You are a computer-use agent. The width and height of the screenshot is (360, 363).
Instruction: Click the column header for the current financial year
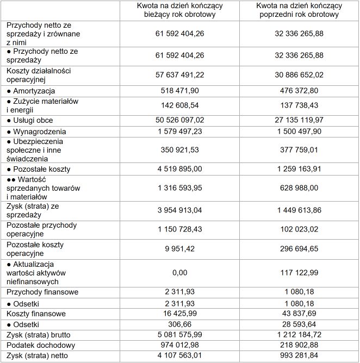click(x=179, y=10)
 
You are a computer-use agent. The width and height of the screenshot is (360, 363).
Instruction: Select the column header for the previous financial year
click(x=300, y=10)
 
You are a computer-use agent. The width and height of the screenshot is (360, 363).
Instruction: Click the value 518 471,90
click(x=179, y=91)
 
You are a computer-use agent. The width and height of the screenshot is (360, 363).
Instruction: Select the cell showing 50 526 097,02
click(x=179, y=120)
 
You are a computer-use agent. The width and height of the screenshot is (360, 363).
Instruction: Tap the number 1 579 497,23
click(x=179, y=132)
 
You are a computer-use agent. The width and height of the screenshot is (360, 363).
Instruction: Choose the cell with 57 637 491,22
click(x=179, y=75)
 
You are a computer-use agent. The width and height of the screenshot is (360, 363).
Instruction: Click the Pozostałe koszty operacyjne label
click(x=35, y=249)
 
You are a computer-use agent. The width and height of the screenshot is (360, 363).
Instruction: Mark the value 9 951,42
click(x=179, y=249)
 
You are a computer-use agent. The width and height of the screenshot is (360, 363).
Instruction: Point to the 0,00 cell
click(x=179, y=273)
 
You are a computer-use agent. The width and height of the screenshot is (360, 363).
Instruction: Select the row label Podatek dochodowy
click(x=41, y=345)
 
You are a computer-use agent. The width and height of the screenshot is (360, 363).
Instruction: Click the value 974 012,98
click(x=179, y=345)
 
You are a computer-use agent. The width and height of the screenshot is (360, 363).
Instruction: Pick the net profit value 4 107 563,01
click(x=179, y=356)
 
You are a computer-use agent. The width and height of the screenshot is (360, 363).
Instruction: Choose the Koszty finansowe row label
click(x=36, y=314)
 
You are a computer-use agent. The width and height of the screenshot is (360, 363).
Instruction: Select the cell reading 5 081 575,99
click(x=179, y=335)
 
